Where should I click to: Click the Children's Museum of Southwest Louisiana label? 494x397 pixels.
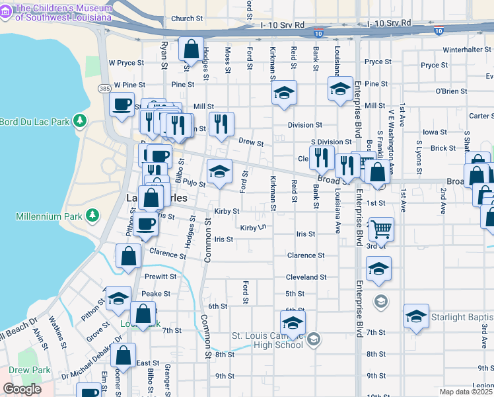coord(62,13)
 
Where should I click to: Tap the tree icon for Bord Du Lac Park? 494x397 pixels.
coord(80,120)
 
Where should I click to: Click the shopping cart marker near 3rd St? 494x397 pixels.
coord(381,230)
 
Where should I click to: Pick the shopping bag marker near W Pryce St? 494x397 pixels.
coord(191,49)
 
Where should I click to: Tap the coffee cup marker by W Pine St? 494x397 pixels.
coord(122,106)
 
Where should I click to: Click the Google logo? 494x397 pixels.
coord(22,389)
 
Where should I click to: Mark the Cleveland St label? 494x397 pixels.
coord(306,277)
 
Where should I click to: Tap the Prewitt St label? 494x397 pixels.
coord(160,277)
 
